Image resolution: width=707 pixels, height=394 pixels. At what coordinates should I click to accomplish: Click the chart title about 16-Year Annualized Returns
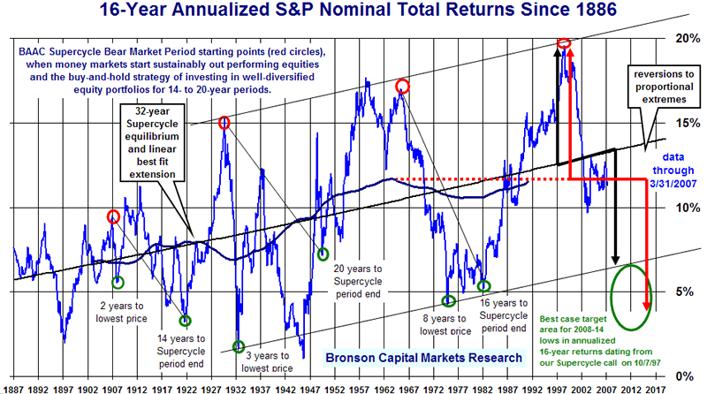(x=353, y=12)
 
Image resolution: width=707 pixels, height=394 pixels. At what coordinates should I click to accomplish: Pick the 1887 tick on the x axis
(x=14, y=387)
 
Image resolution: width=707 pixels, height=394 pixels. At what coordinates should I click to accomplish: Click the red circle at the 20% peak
(x=565, y=42)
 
